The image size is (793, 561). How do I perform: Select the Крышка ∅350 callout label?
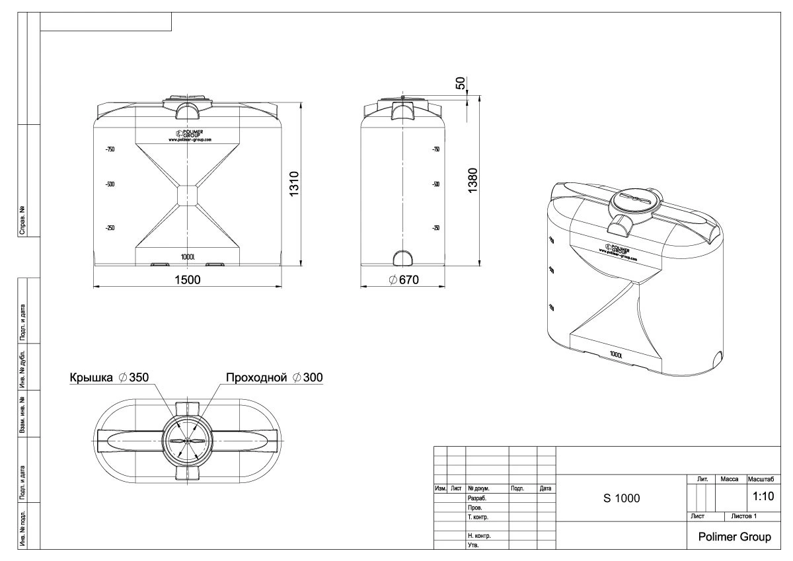coord(109,377)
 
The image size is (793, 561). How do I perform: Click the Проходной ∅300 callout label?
coord(274,377)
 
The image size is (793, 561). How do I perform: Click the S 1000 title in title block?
coord(621,498)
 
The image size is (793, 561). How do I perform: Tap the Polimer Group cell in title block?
coord(735,537)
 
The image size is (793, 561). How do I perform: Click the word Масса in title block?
coord(730,478)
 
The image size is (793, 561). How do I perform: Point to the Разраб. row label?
coord(477,498)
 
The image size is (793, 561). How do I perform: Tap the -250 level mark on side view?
coord(436,228)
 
